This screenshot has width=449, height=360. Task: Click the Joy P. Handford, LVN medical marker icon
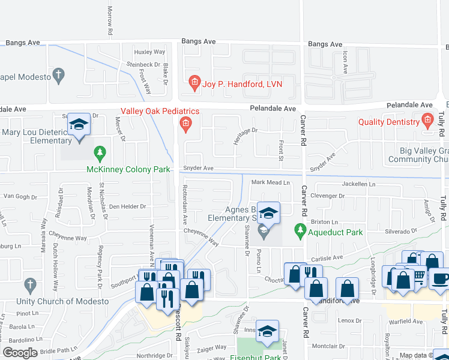194,83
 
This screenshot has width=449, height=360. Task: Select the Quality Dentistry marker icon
427,121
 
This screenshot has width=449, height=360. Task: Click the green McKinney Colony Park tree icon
100,154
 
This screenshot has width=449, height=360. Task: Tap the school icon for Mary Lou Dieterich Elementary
78,125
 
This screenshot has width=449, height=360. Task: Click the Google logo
20,353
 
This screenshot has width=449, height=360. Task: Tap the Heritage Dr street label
246,130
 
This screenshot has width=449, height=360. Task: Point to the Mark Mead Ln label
270,182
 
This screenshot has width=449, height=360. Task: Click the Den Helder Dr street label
127,206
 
